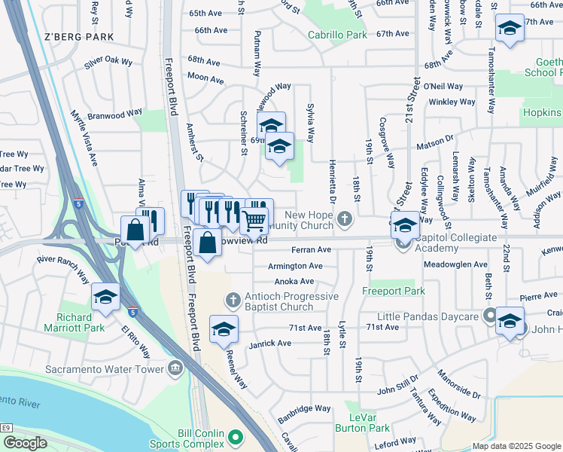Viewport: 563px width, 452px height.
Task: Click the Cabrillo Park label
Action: (x=337, y=34)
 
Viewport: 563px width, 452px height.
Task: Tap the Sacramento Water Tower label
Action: (x=93, y=369)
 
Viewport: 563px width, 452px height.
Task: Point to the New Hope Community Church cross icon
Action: (x=344, y=219)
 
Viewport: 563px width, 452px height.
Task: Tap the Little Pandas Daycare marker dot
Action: (x=490, y=316)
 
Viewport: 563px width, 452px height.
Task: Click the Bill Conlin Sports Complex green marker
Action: (x=236, y=436)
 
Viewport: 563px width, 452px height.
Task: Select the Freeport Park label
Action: (x=393, y=291)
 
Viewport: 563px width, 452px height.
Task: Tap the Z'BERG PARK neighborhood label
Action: (x=79, y=36)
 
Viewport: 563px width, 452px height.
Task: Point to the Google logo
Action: (x=25, y=443)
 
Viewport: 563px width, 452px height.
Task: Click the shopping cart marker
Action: (x=255, y=220)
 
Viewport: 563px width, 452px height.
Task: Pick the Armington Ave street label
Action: (x=295, y=266)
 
